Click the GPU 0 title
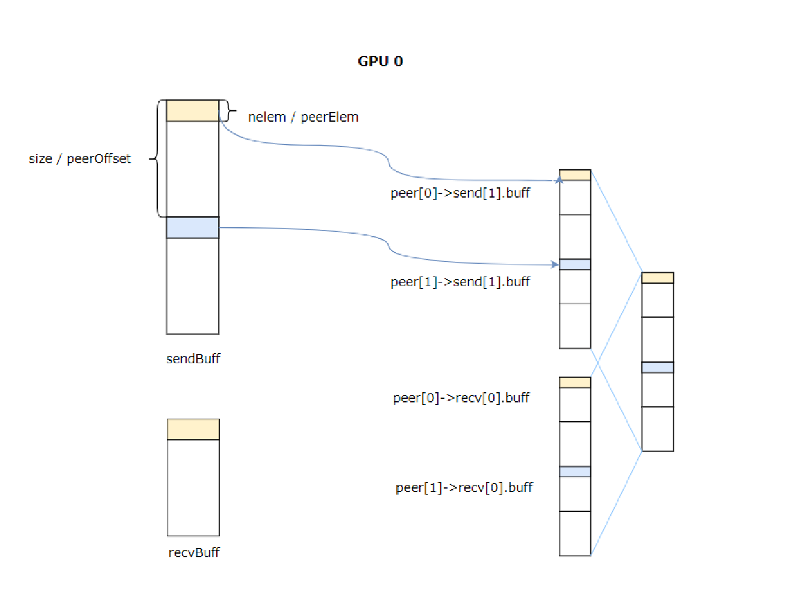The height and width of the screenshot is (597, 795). [380, 61]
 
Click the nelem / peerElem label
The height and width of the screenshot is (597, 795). [303, 117]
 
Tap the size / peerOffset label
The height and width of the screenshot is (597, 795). [79, 159]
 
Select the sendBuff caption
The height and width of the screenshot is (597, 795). [193, 359]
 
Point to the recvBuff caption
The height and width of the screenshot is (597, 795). [194, 552]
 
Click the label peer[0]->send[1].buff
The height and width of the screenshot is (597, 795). [460, 193]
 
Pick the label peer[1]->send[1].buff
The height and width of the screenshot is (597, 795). [460, 282]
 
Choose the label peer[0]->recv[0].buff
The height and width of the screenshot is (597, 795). [461, 398]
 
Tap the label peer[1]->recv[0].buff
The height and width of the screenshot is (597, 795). [464, 487]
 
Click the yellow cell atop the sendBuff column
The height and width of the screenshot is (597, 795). [193, 111]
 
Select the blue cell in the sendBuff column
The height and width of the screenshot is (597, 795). [193, 228]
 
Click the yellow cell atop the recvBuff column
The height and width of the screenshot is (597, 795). [193, 430]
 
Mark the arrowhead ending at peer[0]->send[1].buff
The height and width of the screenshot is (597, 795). [560, 180]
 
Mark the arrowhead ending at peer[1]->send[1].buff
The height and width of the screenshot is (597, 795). [555, 264]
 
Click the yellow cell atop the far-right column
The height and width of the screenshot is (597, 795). [657, 278]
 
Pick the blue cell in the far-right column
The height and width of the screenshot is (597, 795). [657, 367]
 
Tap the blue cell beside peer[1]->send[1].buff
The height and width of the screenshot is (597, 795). [575, 264]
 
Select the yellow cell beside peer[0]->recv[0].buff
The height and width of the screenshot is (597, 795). [575, 383]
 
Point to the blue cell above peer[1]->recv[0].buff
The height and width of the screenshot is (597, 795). [575, 472]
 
